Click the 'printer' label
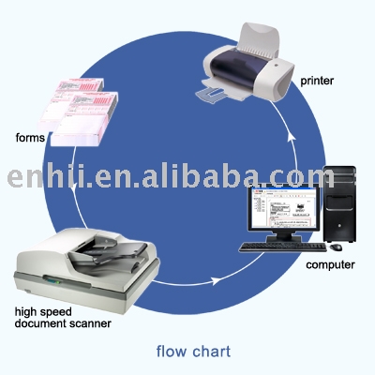click(x=317, y=81)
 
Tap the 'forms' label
click(x=30, y=138)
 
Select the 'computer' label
click(x=330, y=265)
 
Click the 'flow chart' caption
click(x=193, y=352)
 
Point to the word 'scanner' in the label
click(x=90, y=323)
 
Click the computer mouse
click(x=336, y=247)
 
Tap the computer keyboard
click(x=283, y=247)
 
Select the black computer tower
click(x=339, y=204)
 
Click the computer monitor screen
click(x=283, y=208)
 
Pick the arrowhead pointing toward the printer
click(x=292, y=138)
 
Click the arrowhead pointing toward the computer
click(x=216, y=280)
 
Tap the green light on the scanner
click(x=57, y=282)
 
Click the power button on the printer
click(x=277, y=65)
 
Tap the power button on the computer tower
click(x=339, y=225)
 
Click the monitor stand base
click(x=283, y=239)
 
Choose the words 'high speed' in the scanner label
click(x=43, y=312)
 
